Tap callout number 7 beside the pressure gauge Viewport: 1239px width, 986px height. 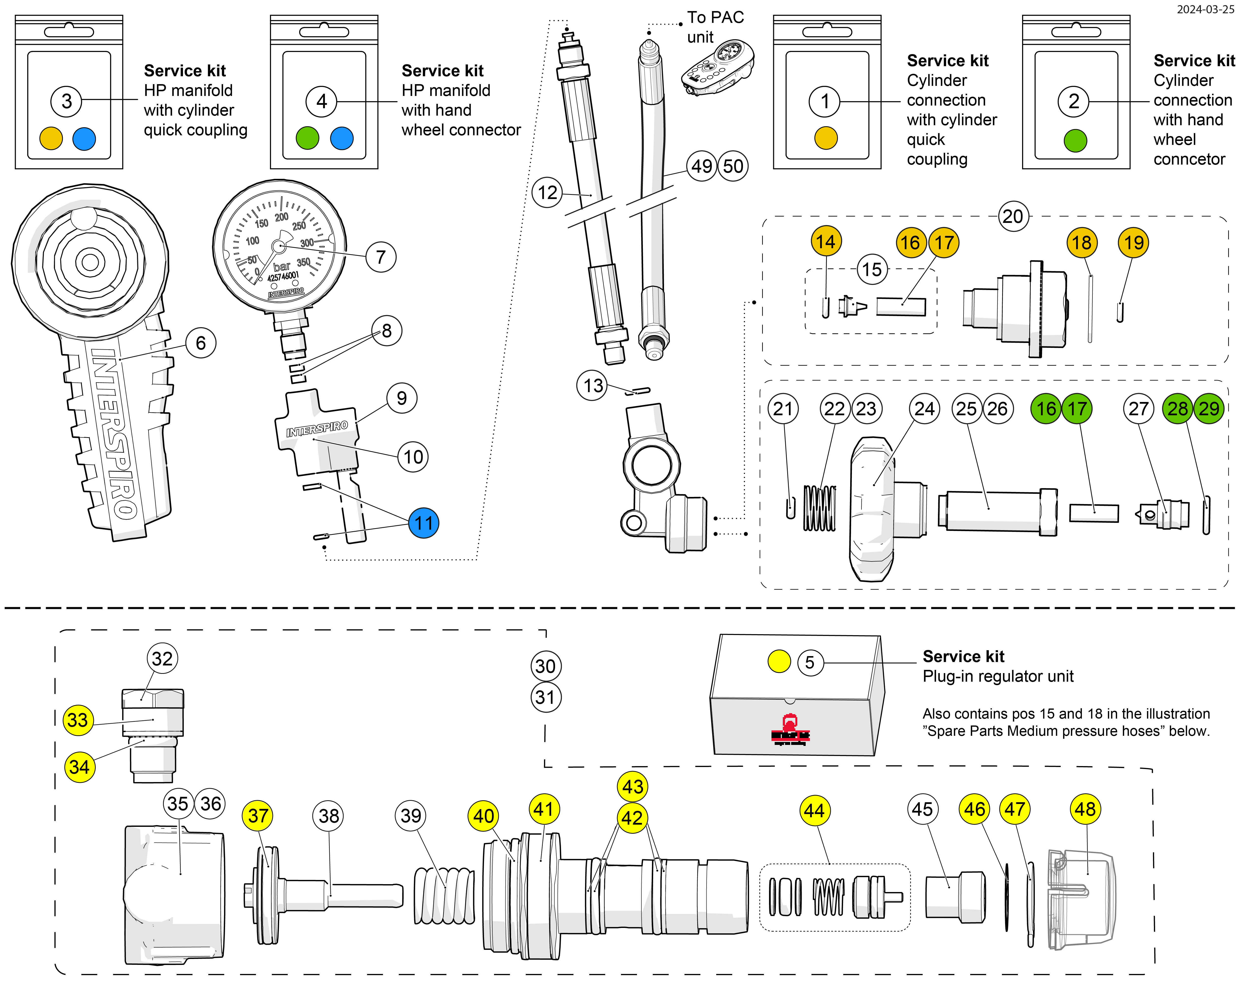point(380,257)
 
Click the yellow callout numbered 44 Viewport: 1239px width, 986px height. point(814,811)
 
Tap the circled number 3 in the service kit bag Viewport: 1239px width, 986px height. point(67,101)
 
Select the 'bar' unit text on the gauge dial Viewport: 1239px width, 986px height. point(282,267)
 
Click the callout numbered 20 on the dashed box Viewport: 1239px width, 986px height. point(1012,216)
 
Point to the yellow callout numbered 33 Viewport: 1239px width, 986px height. point(77,720)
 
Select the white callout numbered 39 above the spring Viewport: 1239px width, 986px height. point(411,815)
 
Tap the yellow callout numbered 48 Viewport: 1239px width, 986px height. point(1085,809)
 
